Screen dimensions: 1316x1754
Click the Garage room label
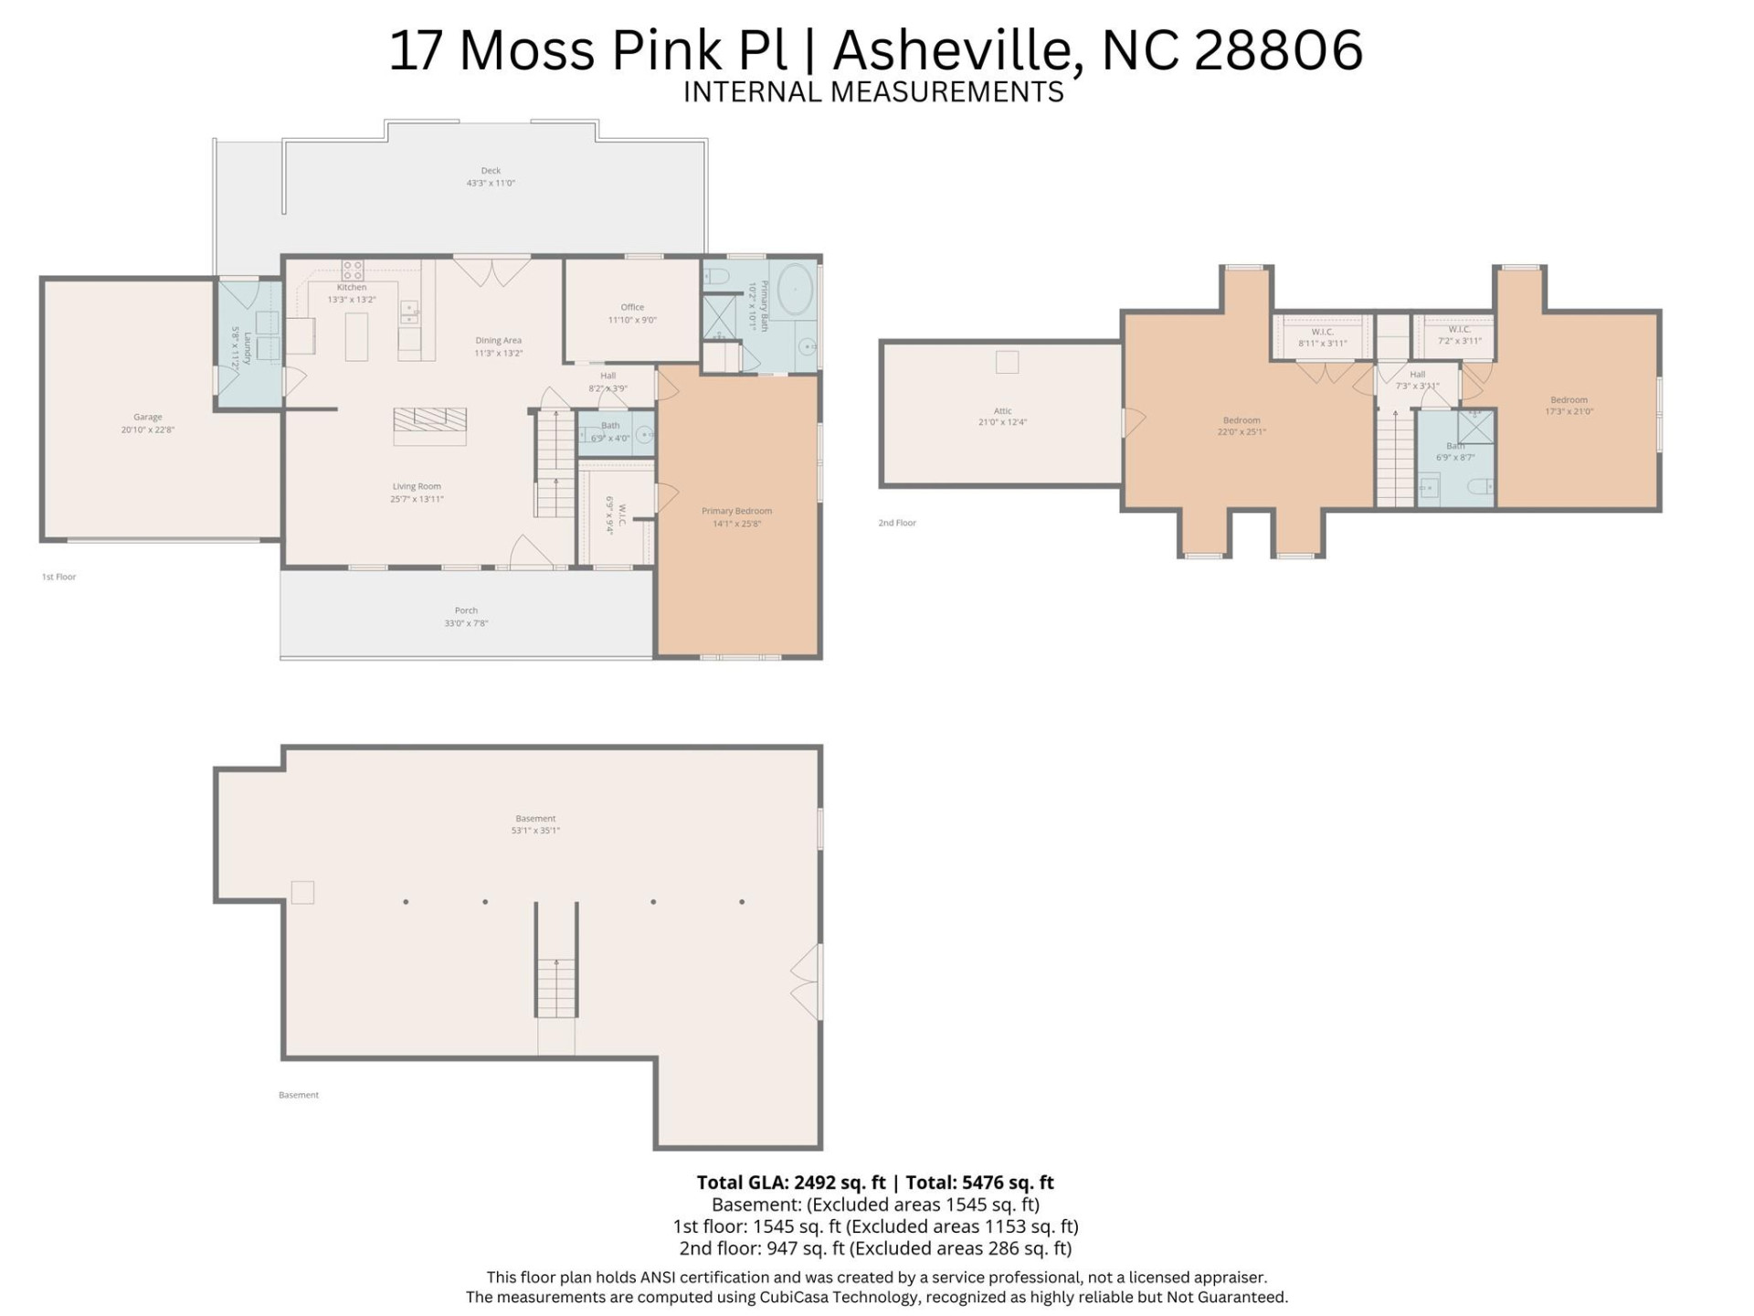coord(147,418)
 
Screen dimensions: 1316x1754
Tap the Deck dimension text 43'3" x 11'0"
coord(491,184)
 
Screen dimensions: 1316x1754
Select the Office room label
coord(632,308)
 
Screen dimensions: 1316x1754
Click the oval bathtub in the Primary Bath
coord(794,290)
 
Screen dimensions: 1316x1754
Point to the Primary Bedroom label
coord(736,512)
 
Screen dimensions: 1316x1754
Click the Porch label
coord(466,610)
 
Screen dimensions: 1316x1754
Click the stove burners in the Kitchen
coord(352,270)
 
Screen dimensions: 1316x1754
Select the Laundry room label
coord(246,347)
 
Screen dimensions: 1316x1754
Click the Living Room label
coord(417,487)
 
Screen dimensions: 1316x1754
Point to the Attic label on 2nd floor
coord(1002,411)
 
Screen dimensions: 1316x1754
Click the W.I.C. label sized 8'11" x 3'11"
coord(1322,333)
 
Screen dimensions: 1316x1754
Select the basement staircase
coord(556,987)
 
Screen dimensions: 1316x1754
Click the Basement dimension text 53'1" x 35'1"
coord(535,831)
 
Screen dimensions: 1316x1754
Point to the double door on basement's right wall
coord(806,982)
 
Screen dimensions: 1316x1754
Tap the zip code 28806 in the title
coord(1278,50)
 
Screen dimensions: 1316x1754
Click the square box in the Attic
coord(1007,362)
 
